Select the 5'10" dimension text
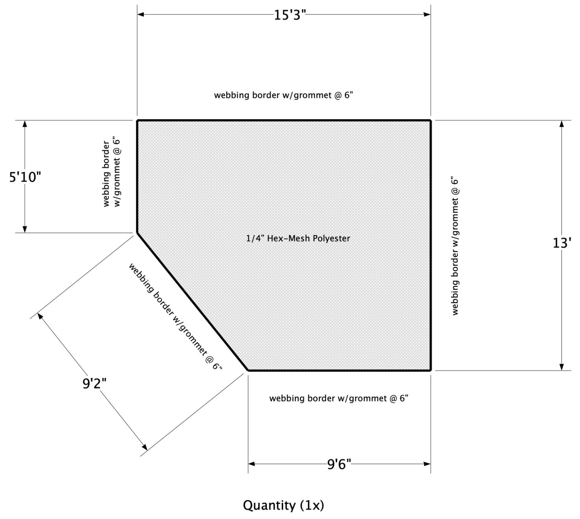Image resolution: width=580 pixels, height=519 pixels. (x=25, y=177)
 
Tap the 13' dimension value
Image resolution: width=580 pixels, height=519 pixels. (x=561, y=243)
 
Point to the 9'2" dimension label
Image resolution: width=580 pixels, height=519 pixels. (x=94, y=384)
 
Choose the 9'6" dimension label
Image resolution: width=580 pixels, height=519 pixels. (x=339, y=463)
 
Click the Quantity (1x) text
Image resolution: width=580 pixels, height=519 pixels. (x=283, y=505)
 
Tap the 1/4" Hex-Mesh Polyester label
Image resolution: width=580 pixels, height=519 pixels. (x=298, y=239)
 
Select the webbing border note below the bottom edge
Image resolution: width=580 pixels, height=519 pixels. (x=339, y=398)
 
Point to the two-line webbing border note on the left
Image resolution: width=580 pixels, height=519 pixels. (x=112, y=174)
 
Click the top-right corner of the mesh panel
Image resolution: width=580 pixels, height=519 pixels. (x=430, y=121)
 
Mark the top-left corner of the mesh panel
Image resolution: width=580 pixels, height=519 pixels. (x=137, y=121)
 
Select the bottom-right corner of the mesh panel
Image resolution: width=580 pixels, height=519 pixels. (x=430, y=370)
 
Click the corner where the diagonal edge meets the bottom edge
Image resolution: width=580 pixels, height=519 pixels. (x=248, y=370)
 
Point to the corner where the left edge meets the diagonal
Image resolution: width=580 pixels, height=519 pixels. (x=137, y=232)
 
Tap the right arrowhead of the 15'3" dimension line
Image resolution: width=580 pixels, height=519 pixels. (x=427, y=15)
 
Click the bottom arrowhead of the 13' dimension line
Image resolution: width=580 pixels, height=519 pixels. (x=561, y=367)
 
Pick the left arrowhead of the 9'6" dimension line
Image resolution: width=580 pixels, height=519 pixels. (x=251, y=463)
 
